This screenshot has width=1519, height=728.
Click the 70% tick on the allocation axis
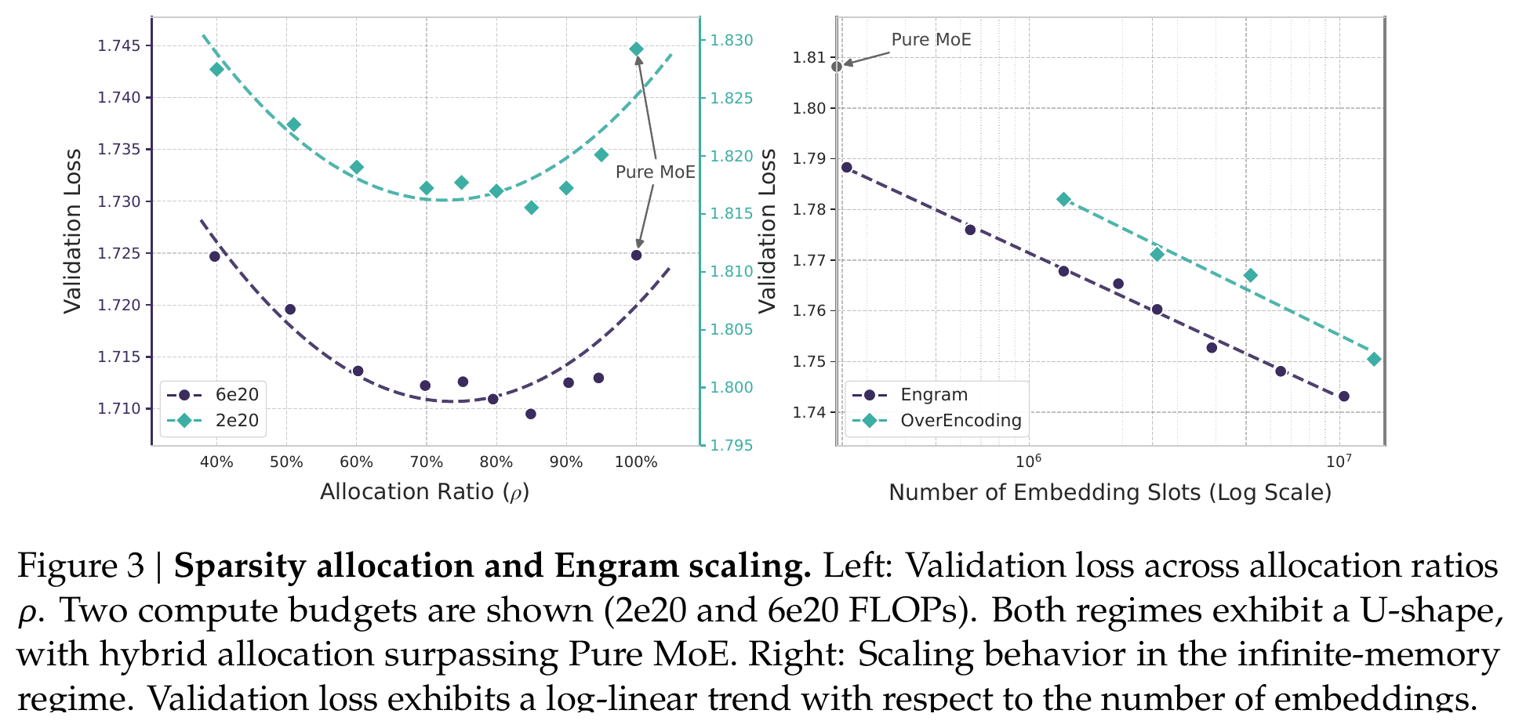click(x=426, y=462)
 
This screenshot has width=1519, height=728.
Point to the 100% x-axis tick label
click(x=636, y=462)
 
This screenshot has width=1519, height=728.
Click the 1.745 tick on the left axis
click(x=120, y=46)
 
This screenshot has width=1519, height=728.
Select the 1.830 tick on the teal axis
click(x=731, y=41)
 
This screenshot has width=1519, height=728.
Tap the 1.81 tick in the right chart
click(x=809, y=57)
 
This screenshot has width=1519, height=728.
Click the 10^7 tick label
click(x=1339, y=460)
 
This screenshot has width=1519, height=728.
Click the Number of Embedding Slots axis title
click(x=1110, y=493)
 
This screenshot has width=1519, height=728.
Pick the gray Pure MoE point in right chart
click(x=837, y=67)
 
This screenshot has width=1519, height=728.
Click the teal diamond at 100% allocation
click(x=636, y=49)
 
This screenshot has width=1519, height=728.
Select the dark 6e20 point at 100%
click(x=636, y=255)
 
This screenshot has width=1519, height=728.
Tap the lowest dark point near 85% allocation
click(x=531, y=414)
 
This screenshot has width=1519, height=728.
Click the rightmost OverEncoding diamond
click(x=1374, y=360)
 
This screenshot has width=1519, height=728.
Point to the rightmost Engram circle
click(x=1344, y=397)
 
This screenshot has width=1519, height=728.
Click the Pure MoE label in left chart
click(x=656, y=172)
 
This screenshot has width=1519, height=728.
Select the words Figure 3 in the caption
click(x=81, y=566)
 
